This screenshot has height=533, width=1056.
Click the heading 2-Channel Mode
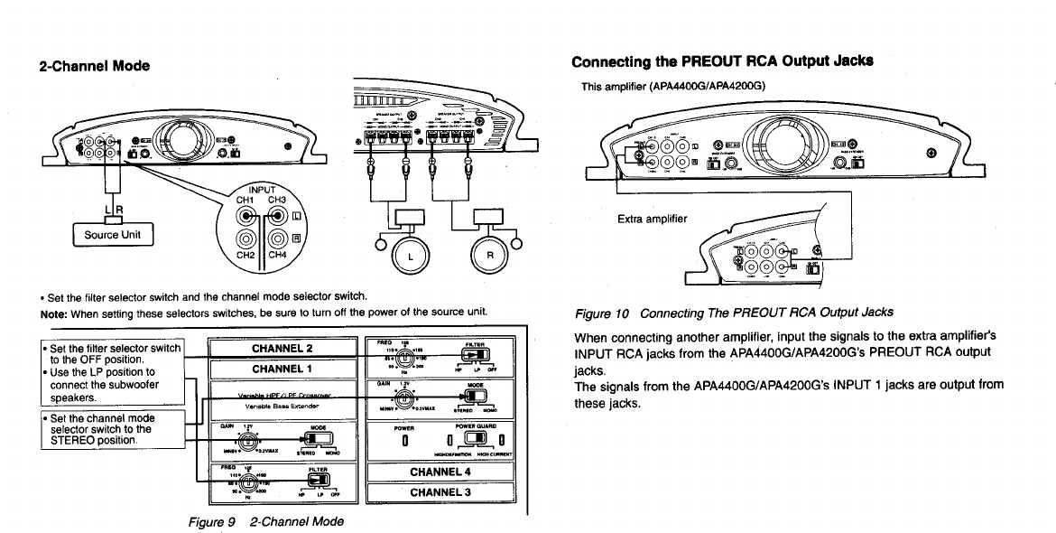click(94, 66)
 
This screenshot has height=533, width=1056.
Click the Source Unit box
click(113, 235)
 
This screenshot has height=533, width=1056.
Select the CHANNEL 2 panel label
click(283, 349)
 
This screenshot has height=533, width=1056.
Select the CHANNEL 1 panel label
click(283, 369)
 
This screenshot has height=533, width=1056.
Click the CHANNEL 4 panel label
click(440, 472)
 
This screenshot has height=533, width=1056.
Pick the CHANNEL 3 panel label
click(440, 492)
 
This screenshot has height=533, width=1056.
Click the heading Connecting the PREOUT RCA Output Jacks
click(722, 62)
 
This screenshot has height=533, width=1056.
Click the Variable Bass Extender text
click(283, 407)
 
